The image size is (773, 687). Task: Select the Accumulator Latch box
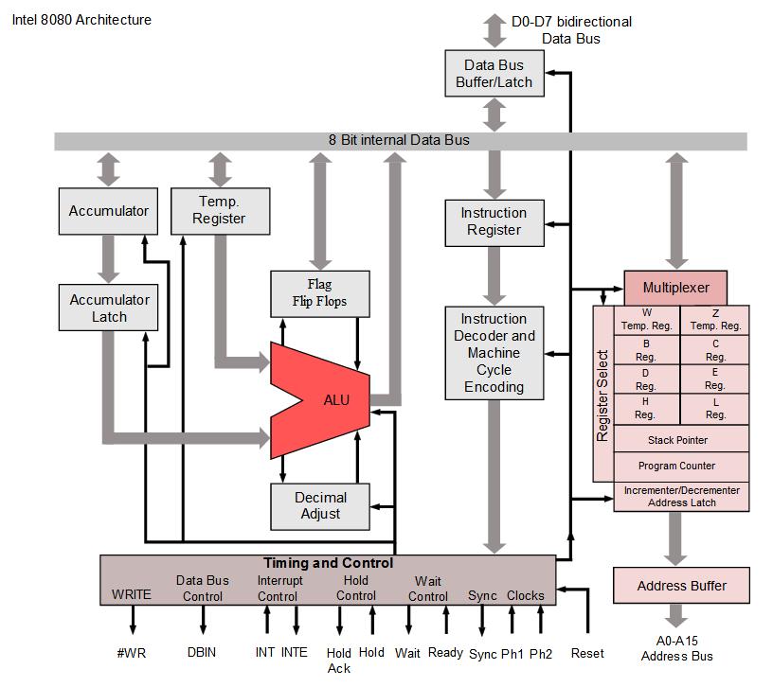[x=109, y=308]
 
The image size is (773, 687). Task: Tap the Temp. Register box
[x=219, y=210]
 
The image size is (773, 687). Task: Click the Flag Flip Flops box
[x=320, y=292]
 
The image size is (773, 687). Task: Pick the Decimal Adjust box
[x=321, y=505]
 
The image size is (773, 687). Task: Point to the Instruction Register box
[x=494, y=221]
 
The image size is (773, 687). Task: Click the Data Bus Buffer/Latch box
[x=498, y=74]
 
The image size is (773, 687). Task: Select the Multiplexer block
[x=678, y=288]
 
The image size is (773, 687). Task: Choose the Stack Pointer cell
[x=677, y=440]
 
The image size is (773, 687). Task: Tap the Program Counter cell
[x=677, y=466]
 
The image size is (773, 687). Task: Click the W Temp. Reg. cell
[x=647, y=319]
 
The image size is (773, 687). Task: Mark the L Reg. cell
[x=715, y=408]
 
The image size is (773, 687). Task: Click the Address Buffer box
[x=681, y=586]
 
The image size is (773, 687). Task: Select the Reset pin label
[x=587, y=653]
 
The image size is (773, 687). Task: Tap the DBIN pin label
[x=202, y=653]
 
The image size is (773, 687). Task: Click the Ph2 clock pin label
[x=541, y=653]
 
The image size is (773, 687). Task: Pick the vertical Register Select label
[x=603, y=396]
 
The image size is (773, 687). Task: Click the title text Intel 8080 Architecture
[x=81, y=20]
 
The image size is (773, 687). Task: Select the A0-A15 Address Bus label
[x=676, y=647]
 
